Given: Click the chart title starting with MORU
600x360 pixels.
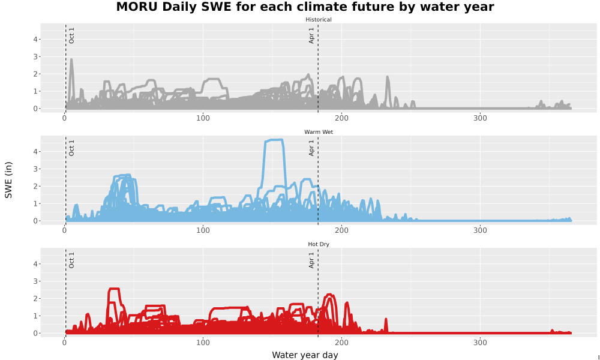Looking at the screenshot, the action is tap(305, 7).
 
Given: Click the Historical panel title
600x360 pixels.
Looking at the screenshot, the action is tap(319, 20).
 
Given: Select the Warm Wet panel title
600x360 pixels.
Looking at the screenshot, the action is tap(319, 132).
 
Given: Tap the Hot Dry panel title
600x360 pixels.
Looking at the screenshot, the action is tap(319, 244).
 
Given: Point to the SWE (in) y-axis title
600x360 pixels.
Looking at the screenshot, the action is tap(8, 180).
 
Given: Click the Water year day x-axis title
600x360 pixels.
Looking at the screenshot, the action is tap(305, 355).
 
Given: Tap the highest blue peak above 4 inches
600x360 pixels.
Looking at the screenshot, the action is tap(274, 140).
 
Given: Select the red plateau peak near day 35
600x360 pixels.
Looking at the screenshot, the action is tap(114, 289).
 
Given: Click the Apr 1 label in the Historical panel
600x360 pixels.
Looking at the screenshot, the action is tap(311, 35).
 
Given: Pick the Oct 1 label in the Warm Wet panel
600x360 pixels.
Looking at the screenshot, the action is tap(71, 148).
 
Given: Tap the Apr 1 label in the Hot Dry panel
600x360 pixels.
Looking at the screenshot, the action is tap(311, 260).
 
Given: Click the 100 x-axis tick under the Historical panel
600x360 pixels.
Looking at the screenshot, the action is tap(203, 118).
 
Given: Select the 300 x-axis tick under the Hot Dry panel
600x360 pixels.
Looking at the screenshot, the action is tap(480, 343).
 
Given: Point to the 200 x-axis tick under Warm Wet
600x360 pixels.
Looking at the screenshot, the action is tap(341, 230).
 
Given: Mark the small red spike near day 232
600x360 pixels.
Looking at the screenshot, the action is tap(386, 325).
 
